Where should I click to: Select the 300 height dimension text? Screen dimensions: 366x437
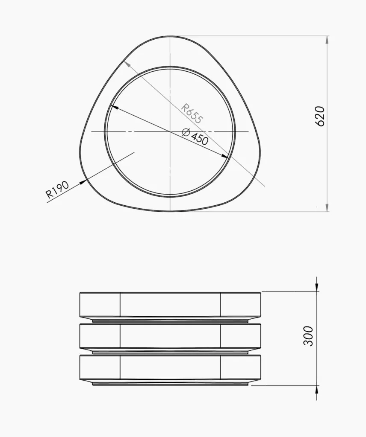point(308,336)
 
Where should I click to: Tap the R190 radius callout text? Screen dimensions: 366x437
point(58,190)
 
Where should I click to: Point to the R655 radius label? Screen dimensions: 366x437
point(191,114)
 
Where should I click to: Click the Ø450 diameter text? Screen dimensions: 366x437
point(195,137)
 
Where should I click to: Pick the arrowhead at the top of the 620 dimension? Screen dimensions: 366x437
point(327,40)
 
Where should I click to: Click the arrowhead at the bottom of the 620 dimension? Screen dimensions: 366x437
point(327,207)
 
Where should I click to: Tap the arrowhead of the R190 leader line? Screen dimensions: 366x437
point(83,182)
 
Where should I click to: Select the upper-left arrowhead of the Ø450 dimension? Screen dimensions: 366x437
point(115,107)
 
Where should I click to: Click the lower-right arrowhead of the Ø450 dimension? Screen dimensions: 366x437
point(226,156)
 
